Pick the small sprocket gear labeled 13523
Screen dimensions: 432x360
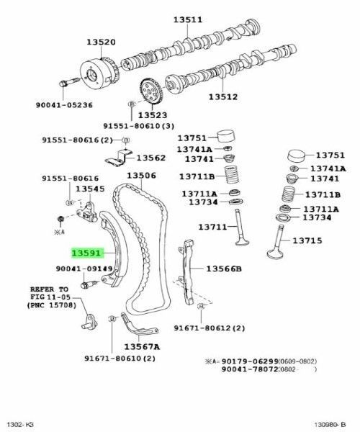point(150,92)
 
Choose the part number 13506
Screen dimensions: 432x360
point(142,176)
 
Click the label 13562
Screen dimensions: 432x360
point(151,158)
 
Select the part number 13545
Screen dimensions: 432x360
point(91,189)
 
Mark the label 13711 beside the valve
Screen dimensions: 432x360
point(213,228)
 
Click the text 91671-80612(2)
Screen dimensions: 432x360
point(209,328)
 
